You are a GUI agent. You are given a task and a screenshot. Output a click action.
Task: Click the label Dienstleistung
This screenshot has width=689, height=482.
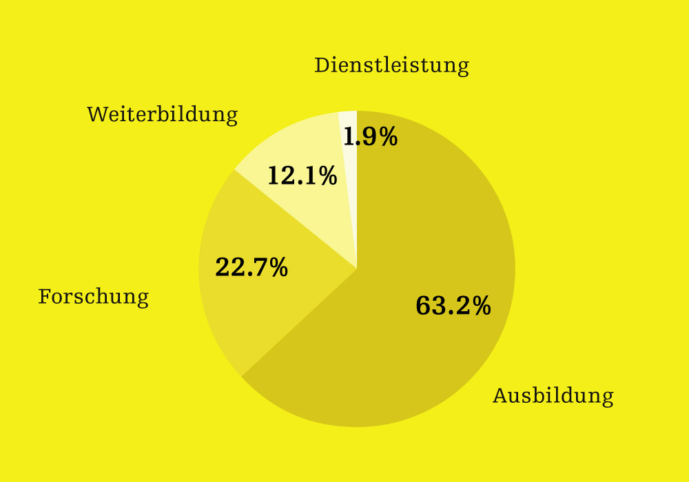[x=391, y=65]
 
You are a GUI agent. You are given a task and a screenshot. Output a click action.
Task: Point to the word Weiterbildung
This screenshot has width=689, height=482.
[x=162, y=114]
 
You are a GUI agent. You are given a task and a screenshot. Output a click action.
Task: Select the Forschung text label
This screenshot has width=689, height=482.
[x=93, y=297]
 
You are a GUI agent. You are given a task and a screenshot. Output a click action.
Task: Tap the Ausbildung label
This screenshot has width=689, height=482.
[x=553, y=396]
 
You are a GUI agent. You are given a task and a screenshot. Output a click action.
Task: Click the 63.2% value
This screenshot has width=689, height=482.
[x=453, y=306]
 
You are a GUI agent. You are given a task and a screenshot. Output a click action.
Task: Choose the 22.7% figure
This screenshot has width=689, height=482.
[x=251, y=267]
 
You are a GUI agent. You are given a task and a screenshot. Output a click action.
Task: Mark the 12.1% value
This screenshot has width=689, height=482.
[x=302, y=176]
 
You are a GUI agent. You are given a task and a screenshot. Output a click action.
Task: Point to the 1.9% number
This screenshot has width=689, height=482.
[x=370, y=137]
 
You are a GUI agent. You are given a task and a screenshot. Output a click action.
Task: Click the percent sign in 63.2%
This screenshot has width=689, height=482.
[x=481, y=306]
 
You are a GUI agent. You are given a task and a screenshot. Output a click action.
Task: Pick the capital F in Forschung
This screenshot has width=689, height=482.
[x=45, y=297]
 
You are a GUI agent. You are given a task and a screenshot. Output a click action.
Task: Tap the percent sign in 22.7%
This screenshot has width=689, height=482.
[x=278, y=267]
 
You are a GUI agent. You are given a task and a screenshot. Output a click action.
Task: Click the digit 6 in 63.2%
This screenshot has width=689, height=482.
[x=423, y=306]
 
